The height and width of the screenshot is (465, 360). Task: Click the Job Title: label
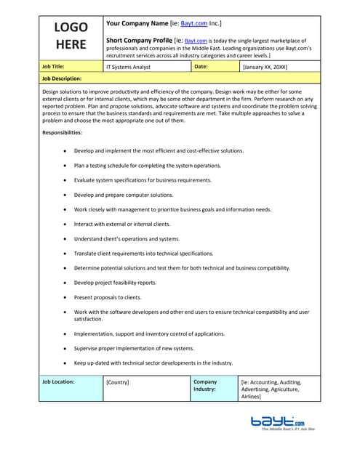point(57,66)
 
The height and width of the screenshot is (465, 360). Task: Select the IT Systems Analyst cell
point(129,67)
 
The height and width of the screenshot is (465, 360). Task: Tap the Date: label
point(201,66)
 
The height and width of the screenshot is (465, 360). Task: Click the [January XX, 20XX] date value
point(265,67)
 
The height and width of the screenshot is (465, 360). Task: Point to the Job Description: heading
point(62,78)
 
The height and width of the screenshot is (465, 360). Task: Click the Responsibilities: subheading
point(63,133)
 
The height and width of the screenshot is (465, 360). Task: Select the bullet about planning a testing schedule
point(148,166)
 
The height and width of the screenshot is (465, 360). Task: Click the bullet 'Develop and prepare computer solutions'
point(124,195)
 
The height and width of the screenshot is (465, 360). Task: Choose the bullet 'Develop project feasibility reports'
point(115,283)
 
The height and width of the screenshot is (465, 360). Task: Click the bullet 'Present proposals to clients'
point(108,297)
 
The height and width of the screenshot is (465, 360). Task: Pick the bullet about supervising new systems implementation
point(134,348)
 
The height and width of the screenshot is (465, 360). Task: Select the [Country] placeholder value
point(119,381)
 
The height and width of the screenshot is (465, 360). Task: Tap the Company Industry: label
point(205,385)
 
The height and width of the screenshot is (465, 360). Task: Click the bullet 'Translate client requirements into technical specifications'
point(144,254)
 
